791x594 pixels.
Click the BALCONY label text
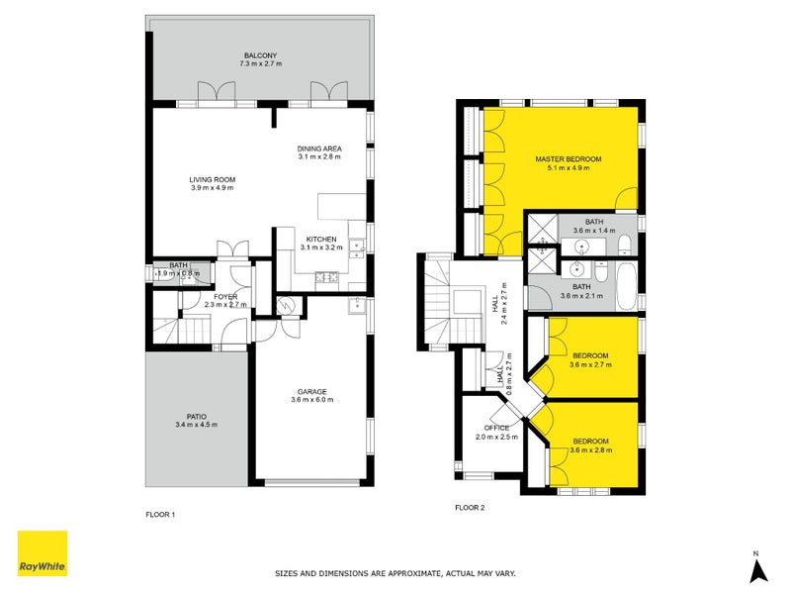260,54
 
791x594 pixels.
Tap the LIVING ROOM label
213,179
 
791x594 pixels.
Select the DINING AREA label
318,148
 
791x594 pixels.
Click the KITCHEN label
321,240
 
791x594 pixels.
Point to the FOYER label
223,296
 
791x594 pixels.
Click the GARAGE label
312,390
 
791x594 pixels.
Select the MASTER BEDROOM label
568,158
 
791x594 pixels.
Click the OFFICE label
496,428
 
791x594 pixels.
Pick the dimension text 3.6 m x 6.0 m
312,400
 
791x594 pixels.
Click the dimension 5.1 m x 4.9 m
568,168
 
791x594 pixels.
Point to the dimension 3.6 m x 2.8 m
590,450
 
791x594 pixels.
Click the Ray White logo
43,553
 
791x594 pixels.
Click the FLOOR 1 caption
159,515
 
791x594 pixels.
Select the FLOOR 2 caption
470,508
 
